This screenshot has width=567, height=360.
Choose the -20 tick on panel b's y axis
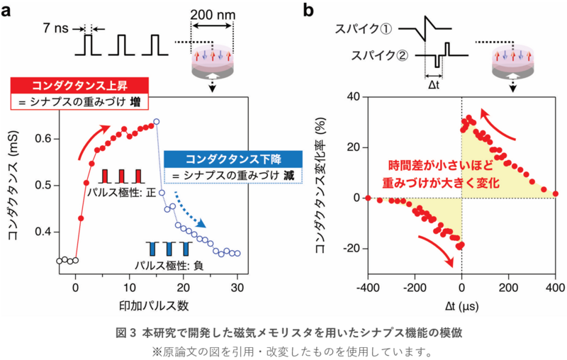(350, 248)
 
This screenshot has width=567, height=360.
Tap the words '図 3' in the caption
(125, 332)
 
